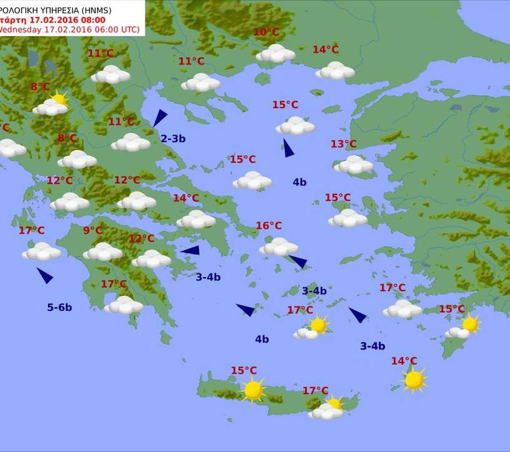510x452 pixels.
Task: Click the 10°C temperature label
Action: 266,32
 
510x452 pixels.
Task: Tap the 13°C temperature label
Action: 343,144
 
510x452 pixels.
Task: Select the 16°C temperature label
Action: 269,226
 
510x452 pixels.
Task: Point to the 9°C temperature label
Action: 93,231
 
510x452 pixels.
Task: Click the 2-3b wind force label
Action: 173,139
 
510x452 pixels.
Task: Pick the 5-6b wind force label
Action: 60,307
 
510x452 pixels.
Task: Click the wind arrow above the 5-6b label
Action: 45,275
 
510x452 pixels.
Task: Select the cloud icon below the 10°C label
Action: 276,53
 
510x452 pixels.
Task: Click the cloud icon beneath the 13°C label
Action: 353,165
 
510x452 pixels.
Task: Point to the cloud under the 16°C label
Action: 279,247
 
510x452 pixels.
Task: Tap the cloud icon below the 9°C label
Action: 103,252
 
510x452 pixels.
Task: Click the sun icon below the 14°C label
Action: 414,379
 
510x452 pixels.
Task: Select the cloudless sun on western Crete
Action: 253,390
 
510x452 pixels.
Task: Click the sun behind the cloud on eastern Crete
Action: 335,403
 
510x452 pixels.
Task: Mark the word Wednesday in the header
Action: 19,29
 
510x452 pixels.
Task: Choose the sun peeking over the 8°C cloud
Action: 60,98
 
